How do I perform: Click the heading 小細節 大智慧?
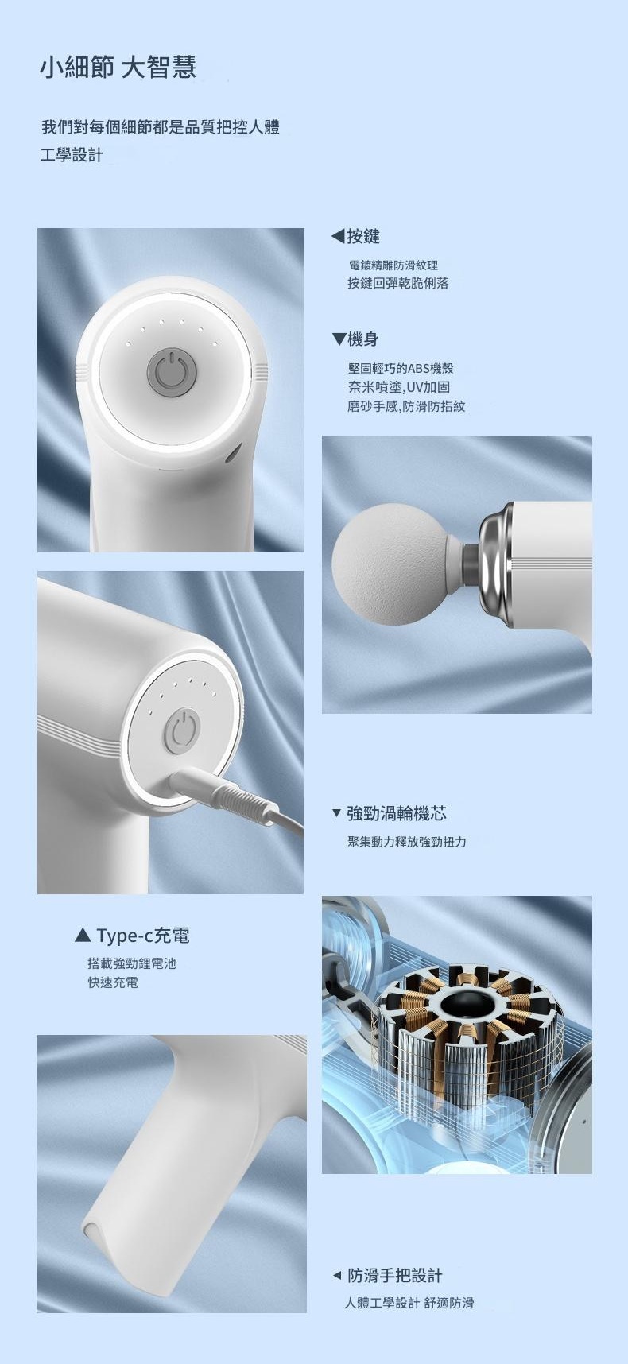[x=118, y=68]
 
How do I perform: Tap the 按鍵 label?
[x=363, y=236]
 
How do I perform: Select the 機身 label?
[x=363, y=339]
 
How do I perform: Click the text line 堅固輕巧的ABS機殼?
[x=401, y=368]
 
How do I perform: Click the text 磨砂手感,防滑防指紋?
[x=406, y=406]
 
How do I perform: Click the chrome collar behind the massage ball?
[x=496, y=563]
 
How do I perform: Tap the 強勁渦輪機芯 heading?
[x=397, y=813]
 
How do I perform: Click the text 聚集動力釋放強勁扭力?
[x=407, y=842]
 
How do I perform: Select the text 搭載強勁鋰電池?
[x=132, y=963]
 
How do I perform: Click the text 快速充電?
[x=113, y=982]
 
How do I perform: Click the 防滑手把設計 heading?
[x=395, y=1276]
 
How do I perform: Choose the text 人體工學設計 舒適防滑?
[x=409, y=1303]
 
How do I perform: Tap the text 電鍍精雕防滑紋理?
[x=393, y=265]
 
